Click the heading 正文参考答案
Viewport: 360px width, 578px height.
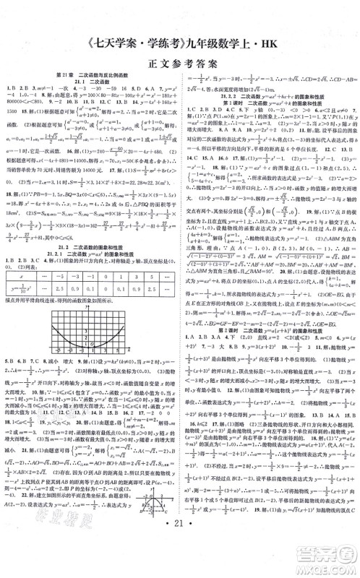pyautogui.click(x=179, y=57)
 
